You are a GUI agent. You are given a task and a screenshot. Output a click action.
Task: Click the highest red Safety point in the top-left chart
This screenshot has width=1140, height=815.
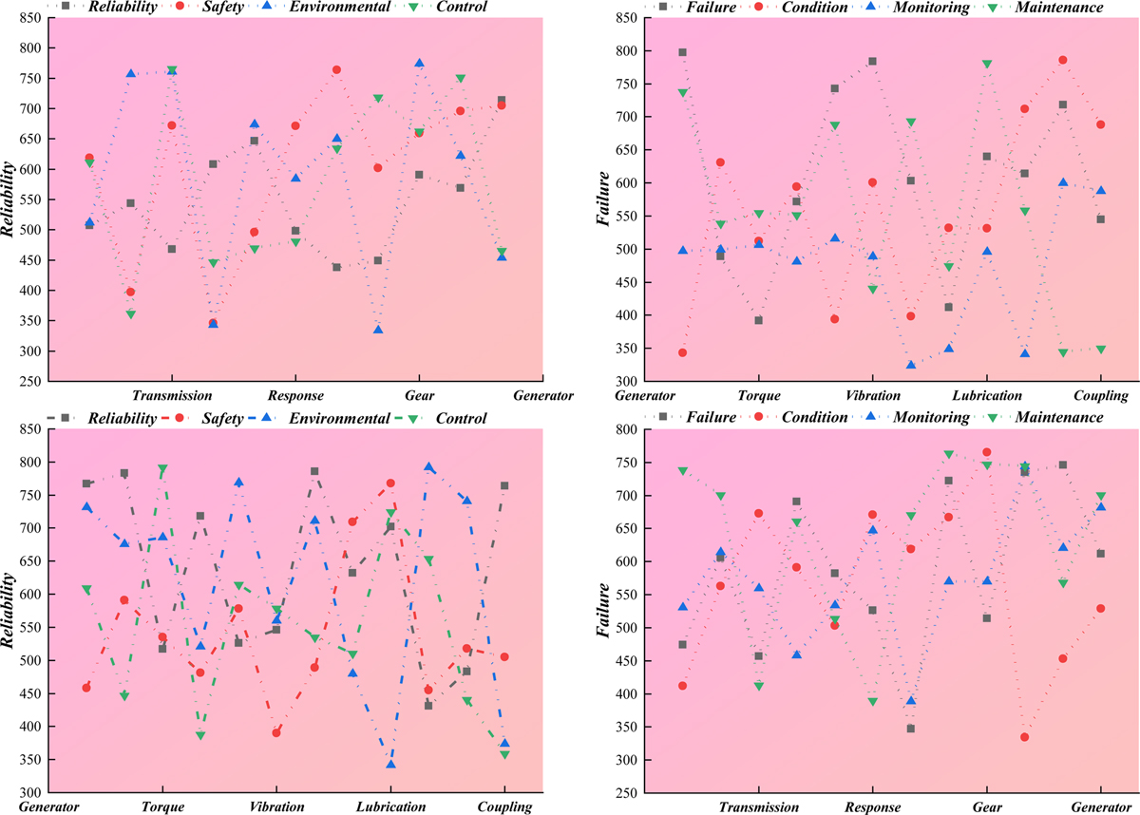[x=336, y=70]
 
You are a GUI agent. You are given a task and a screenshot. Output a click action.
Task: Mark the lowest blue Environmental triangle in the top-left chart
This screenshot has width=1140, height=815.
[x=378, y=330]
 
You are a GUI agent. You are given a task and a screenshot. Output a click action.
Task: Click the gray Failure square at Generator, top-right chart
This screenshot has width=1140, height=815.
[x=682, y=53]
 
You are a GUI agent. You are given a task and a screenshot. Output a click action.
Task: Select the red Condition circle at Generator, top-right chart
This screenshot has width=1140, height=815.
[x=682, y=352]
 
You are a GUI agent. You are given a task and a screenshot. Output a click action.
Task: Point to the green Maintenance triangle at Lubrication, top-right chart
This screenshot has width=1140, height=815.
[x=987, y=65]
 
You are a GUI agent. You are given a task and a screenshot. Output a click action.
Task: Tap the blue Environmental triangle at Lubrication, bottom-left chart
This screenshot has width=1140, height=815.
[x=390, y=764]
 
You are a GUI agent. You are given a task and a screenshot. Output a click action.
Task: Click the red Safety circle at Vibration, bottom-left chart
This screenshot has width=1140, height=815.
[x=276, y=732]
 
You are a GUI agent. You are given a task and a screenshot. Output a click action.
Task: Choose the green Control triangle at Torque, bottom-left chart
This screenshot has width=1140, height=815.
[x=162, y=469]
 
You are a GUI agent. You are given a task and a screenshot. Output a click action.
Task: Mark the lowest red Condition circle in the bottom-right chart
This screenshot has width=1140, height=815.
[x=1025, y=737]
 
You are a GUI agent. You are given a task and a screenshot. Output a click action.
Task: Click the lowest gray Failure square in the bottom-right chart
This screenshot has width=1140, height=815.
[x=911, y=729]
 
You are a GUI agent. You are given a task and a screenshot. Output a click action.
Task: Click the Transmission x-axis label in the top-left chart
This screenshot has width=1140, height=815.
[x=172, y=396]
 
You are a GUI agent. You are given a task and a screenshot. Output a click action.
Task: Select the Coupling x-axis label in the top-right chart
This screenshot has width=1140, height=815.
[x=1100, y=396]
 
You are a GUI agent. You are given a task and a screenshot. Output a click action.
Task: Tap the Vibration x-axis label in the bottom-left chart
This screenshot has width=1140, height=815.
[x=276, y=807]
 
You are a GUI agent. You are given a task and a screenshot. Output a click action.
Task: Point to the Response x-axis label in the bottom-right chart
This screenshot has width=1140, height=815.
[x=873, y=807]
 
